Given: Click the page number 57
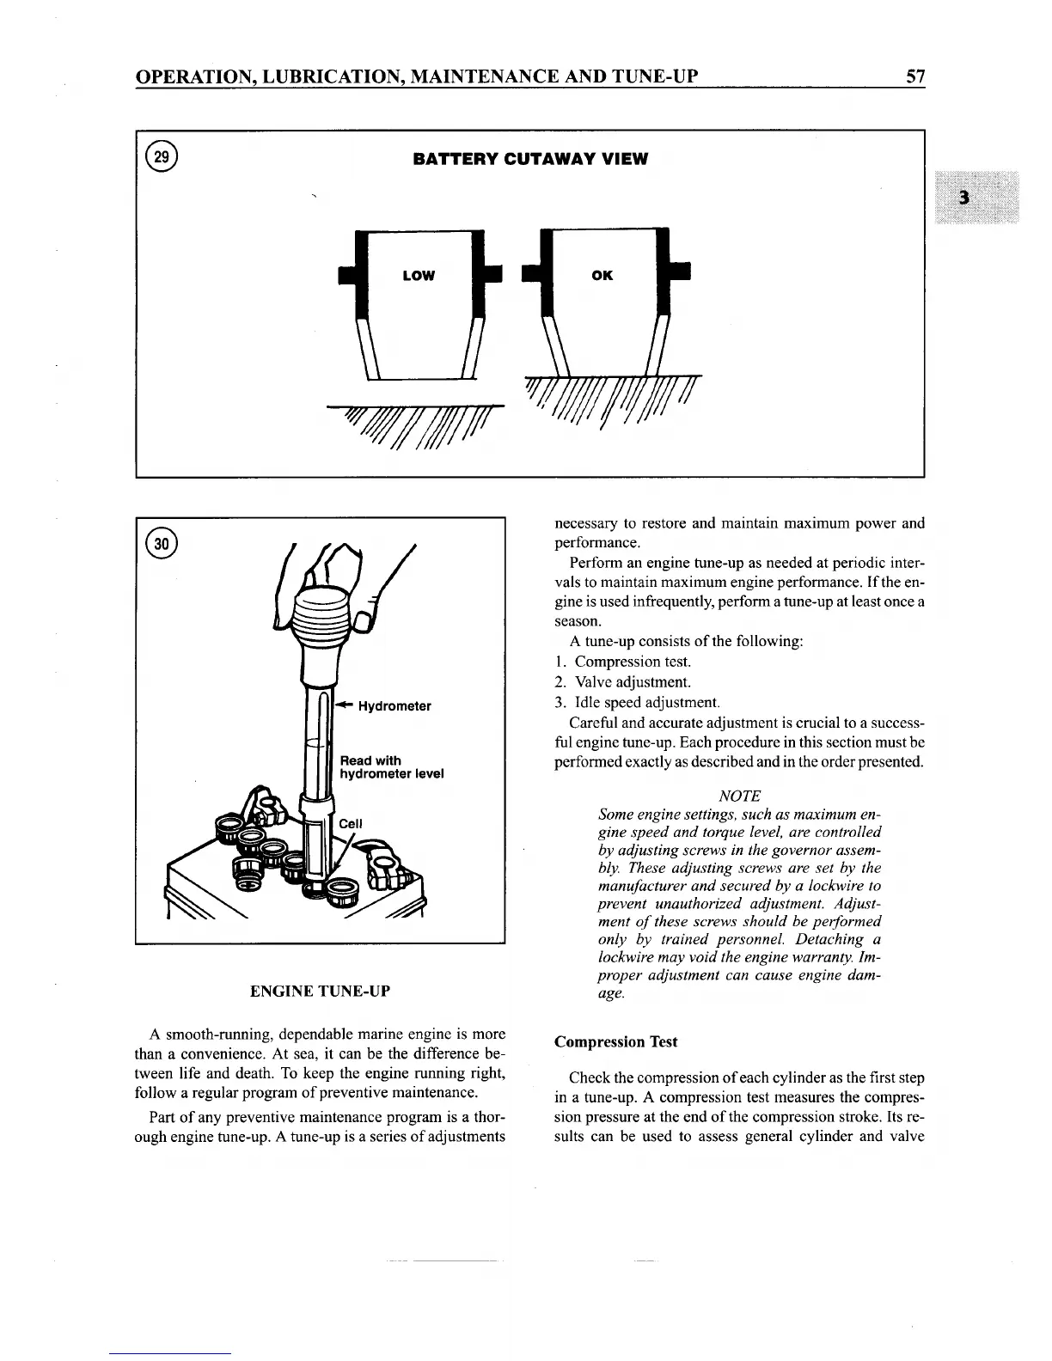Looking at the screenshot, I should click(915, 77).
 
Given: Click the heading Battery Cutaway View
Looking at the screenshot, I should click(530, 159).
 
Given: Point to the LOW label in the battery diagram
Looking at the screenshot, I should click(419, 276).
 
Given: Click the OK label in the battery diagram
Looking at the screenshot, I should click(602, 276).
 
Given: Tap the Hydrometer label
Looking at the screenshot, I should click(394, 706).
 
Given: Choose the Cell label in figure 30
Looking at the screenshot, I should click(351, 823).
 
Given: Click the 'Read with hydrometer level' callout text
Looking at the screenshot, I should click(391, 766).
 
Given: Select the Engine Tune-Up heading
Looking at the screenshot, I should click(320, 991).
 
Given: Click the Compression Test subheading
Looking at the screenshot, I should click(615, 1041).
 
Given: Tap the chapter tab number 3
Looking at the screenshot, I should click(965, 198).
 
